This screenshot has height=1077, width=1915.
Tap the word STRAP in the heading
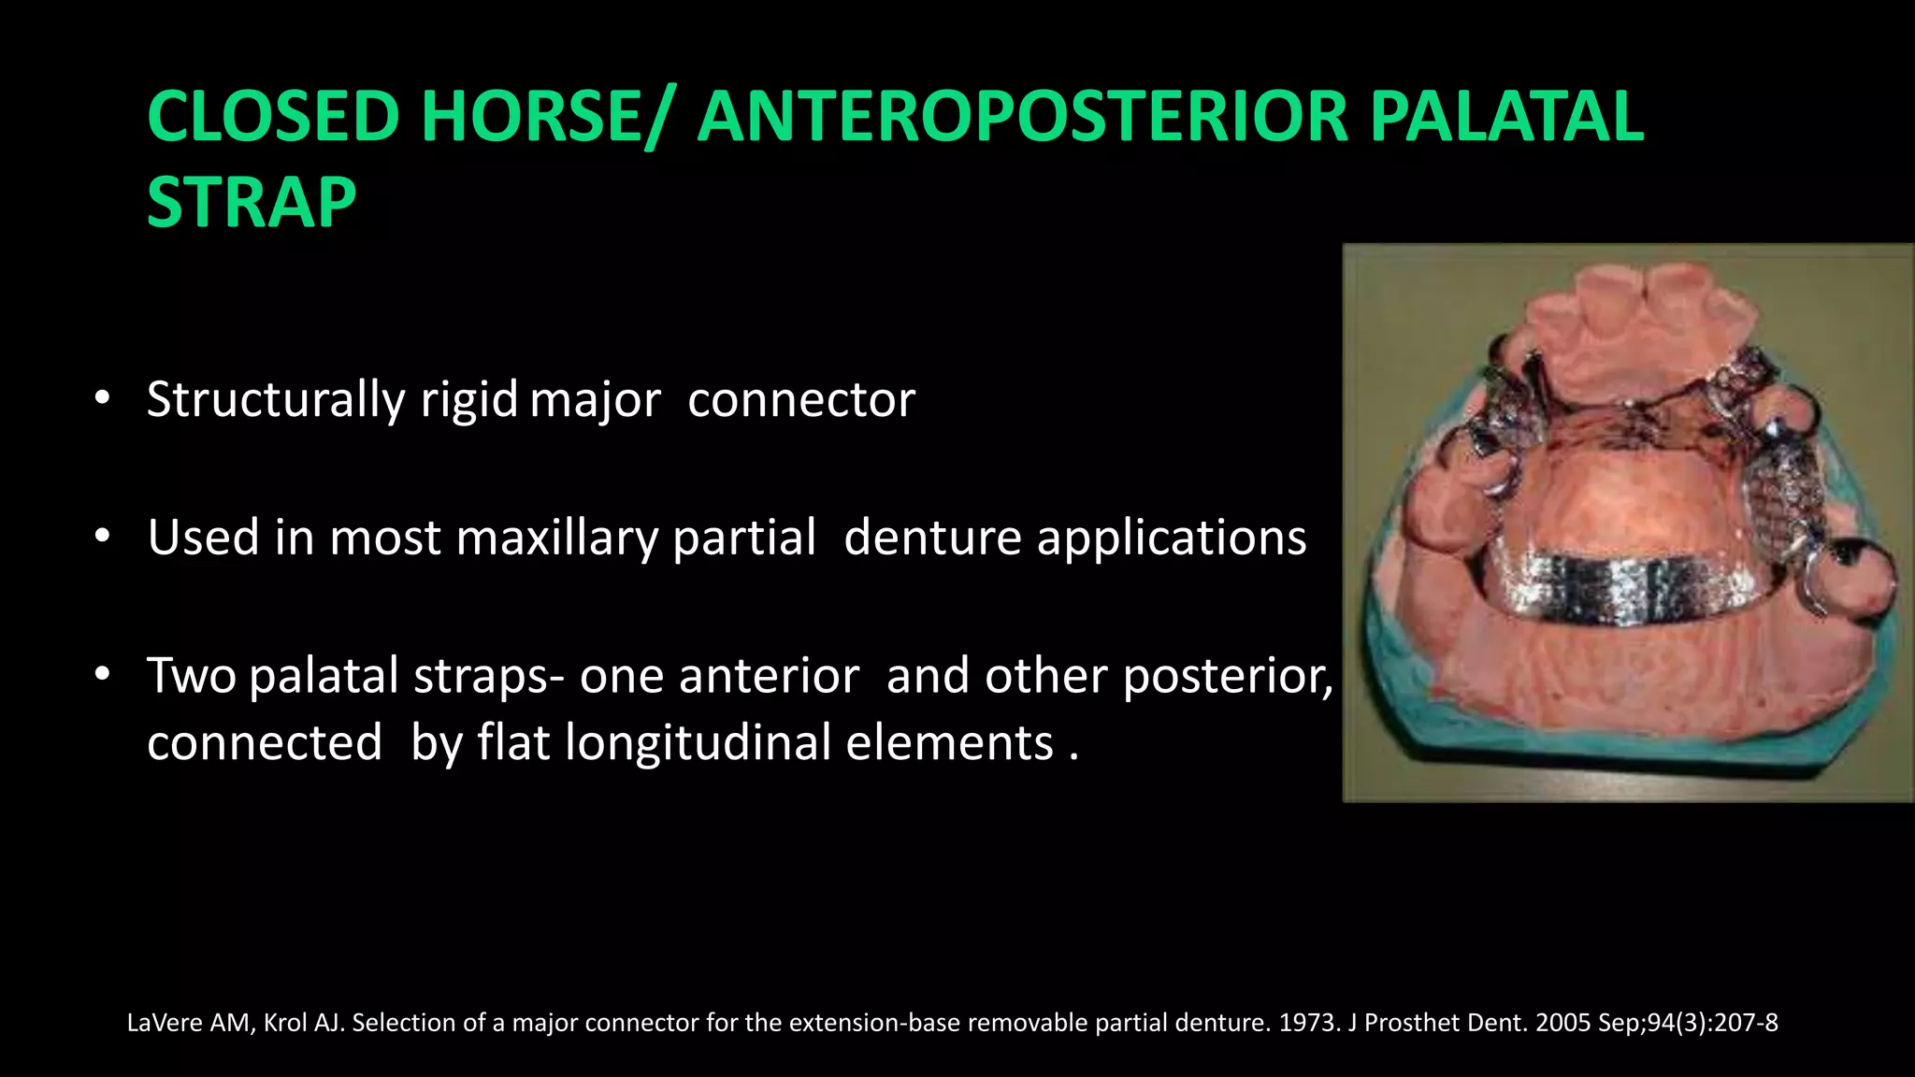coord(252,203)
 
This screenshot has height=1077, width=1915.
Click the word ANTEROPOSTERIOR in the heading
coord(1023,117)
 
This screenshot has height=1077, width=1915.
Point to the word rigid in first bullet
coord(468,400)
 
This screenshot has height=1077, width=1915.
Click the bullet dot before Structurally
coord(103,399)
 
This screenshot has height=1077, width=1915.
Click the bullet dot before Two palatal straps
coord(103,674)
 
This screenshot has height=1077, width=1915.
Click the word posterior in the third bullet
coord(1227,676)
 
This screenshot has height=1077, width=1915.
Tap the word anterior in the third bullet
coord(769,676)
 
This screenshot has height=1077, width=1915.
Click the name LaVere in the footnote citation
coord(164,1023)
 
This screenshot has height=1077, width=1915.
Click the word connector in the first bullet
coord(801,400)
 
